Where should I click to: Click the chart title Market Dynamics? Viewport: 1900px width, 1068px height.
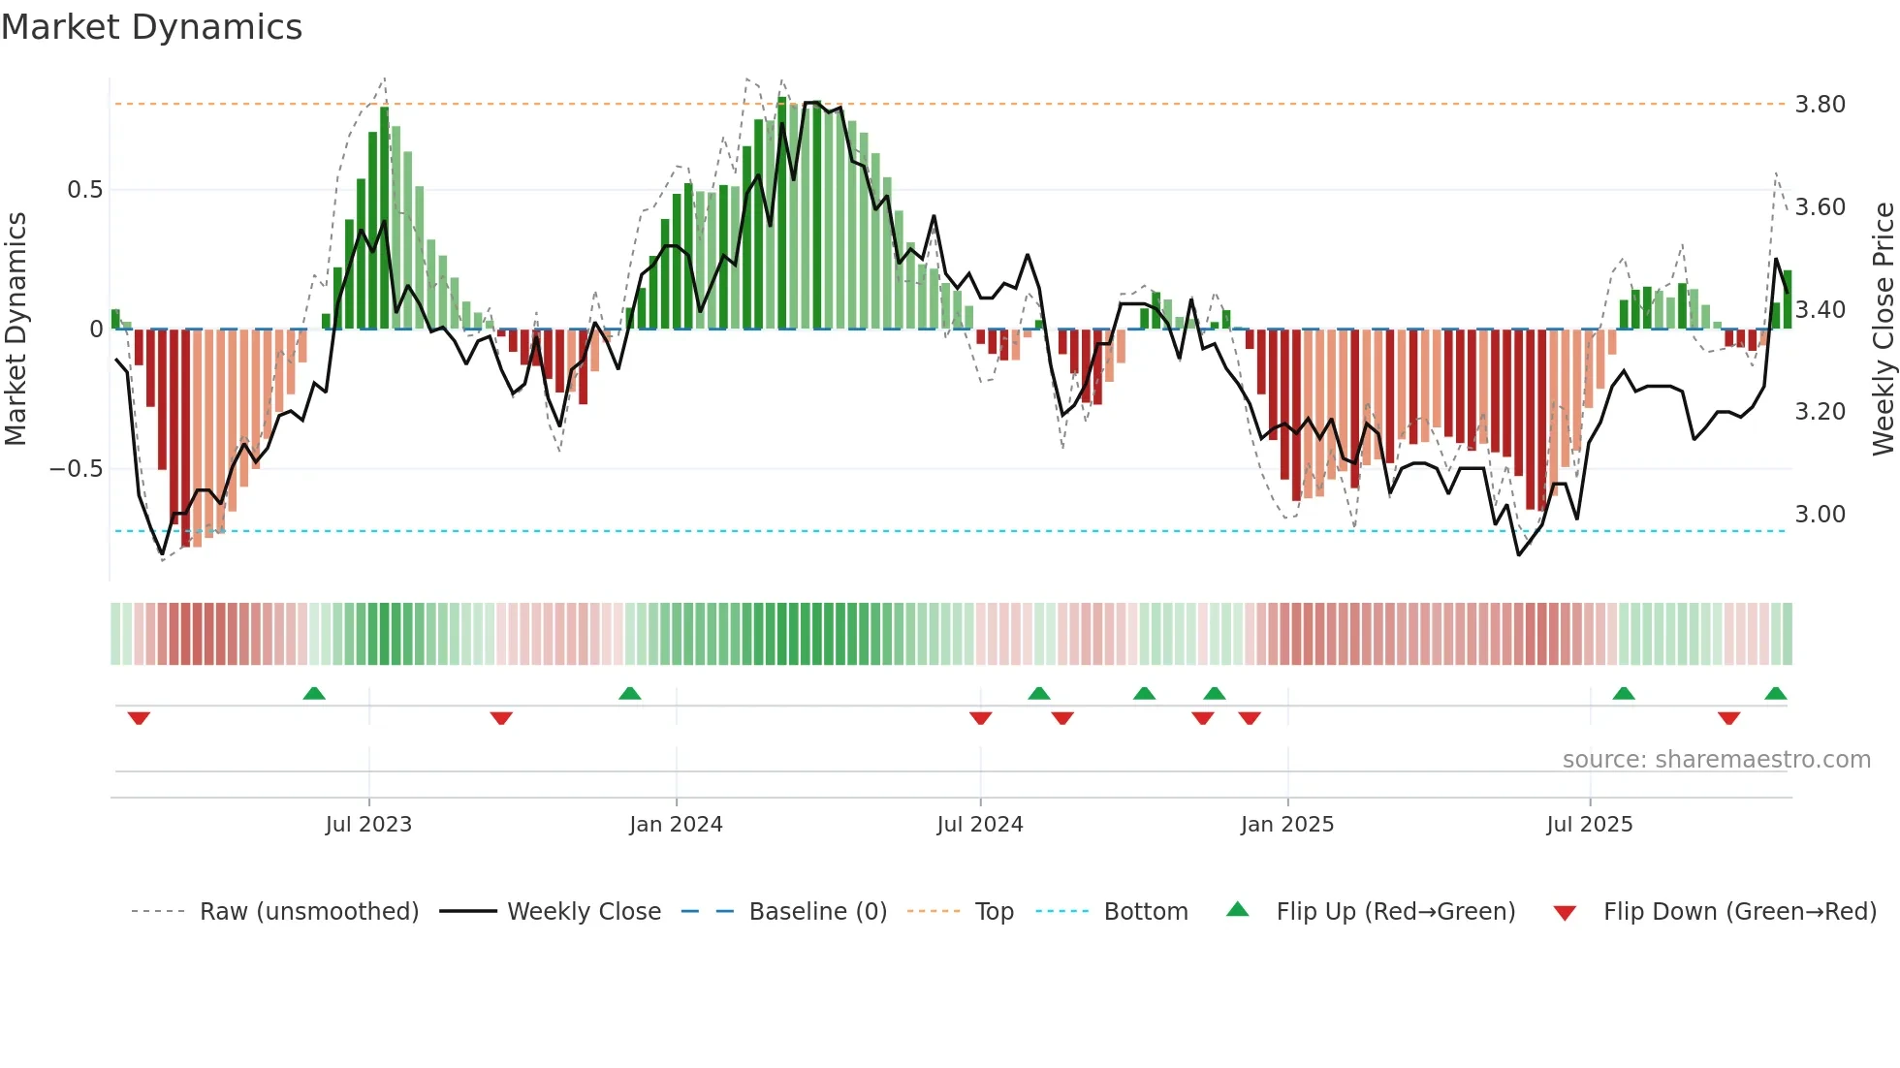click(x=151, y=27)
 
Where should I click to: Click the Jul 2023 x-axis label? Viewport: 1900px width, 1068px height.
click(x=368, y=825)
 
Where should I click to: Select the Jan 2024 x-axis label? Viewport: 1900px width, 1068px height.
click(x=676, y=825)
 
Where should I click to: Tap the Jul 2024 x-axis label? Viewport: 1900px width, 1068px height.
click(x=980, y=825)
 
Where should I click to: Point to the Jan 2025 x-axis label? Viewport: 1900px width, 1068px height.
click(x=1287, y=825)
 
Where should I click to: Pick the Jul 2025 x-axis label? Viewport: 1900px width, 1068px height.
click(x=1590, y=825)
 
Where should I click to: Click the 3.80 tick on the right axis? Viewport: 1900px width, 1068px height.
click(x=1820, y=105)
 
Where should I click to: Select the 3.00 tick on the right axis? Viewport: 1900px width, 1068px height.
click(x=1820, y=515)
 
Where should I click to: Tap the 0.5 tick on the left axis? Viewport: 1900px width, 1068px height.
click(x=85, y=190)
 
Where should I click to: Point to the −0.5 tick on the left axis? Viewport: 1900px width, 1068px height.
click(x=77, y=469)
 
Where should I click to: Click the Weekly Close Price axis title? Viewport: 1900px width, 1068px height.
click(x=1883, y=329)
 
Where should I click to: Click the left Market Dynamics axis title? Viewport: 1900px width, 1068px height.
click(x=16, y=329)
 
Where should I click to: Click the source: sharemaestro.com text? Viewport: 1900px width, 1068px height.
click(x=1716, y=760)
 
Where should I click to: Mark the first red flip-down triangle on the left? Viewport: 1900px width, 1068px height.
click(x=139, y=718)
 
